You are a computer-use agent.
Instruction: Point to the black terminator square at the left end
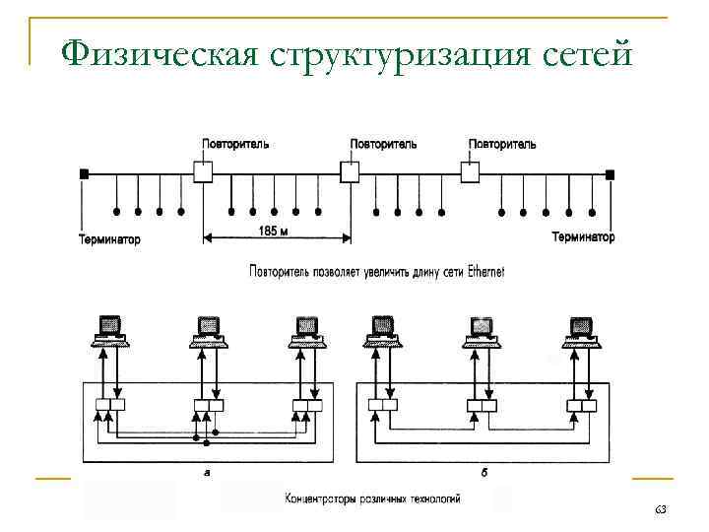(x=85, y=173)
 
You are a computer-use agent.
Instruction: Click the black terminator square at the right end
(x=611, y=173)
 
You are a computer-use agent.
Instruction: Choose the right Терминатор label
(x=583, y=237)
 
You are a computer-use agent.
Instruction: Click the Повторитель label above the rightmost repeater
(x=502, y=144)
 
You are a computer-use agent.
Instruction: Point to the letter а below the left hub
(x=206, y=474)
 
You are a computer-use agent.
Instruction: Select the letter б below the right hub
(x=483, y=474)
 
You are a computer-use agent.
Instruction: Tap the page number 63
(x=660, y=507)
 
